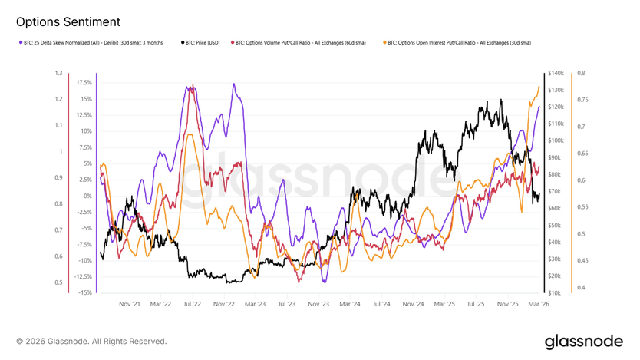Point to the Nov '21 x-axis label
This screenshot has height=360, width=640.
coord(130,304)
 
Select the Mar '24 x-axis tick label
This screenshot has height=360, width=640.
coord(349,304)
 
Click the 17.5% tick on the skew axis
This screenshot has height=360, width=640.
coord(84,82)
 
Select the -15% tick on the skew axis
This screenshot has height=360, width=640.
coord(85,292)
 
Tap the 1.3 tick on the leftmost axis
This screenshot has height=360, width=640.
coord(58,74)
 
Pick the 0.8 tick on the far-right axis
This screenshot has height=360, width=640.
coord(582,74)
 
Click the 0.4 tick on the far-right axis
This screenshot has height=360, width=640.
coord(582,288)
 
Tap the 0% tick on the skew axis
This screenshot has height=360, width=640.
coord(88,196)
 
